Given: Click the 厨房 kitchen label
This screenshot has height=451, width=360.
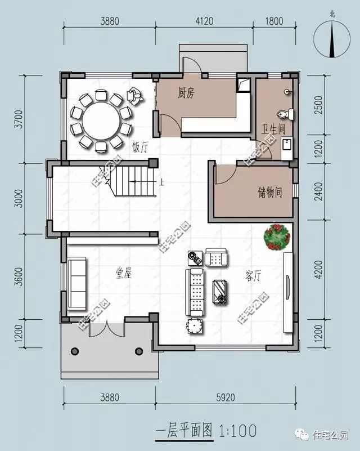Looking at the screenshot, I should click(x=186, y=93).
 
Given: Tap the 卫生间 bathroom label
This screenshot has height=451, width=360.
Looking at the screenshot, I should click(x=273, y=129).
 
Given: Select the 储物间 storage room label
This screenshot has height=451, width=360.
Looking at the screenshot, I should click(x=269, y=193).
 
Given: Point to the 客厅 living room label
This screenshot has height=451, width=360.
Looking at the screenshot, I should click(x=254, y=276).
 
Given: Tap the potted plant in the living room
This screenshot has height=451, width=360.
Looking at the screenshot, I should click(x=277, y=236).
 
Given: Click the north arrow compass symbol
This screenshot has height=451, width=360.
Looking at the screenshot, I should click(x=332, y=37).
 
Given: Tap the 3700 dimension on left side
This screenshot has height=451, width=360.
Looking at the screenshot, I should click(x=18, y=119).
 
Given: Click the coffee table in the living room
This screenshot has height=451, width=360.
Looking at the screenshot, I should click(x=220, y=292).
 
